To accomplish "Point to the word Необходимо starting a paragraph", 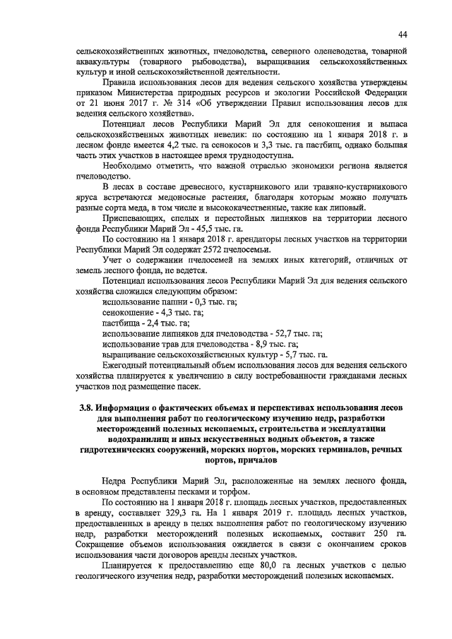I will pos(131,165).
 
